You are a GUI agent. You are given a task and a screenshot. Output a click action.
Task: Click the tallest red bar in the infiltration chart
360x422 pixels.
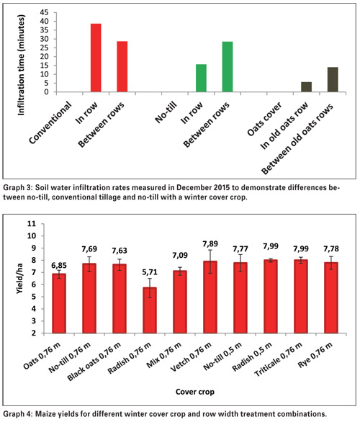96,58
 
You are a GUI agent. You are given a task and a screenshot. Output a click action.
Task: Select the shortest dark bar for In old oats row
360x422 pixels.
306,87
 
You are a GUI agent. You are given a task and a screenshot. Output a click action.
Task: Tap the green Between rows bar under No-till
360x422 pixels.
228,67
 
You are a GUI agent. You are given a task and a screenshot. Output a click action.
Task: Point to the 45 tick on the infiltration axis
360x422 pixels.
45,12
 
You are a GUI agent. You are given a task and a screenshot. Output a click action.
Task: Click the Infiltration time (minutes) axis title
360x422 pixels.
21,65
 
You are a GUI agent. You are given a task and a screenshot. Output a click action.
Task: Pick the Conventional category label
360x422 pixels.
50,122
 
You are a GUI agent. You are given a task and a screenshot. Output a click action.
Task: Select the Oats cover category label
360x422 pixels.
264,119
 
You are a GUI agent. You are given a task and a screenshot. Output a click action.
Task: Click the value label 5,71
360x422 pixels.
150,272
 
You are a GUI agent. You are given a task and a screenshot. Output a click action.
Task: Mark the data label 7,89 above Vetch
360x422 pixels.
210,244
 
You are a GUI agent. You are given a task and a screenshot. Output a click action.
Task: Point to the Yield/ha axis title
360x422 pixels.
19,279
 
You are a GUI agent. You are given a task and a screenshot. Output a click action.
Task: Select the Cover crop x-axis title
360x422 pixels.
195,392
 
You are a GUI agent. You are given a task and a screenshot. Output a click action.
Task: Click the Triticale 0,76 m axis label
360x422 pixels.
279,359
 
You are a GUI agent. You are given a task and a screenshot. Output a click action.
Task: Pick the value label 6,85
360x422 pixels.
59,266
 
